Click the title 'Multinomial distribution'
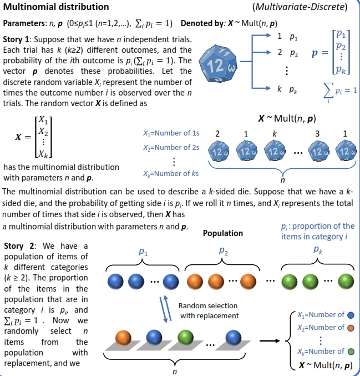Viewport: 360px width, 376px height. tap(57, 8)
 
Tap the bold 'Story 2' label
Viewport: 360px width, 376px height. tap(21, 245)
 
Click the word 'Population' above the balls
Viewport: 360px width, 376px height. tap(223, 233)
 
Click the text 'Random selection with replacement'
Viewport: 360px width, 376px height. tap(208, 311)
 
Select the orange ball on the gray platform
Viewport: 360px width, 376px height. tap(124, 337)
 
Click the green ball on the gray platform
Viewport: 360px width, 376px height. tap(184, 337)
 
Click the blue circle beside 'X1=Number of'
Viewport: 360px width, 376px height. tap(350, 315)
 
